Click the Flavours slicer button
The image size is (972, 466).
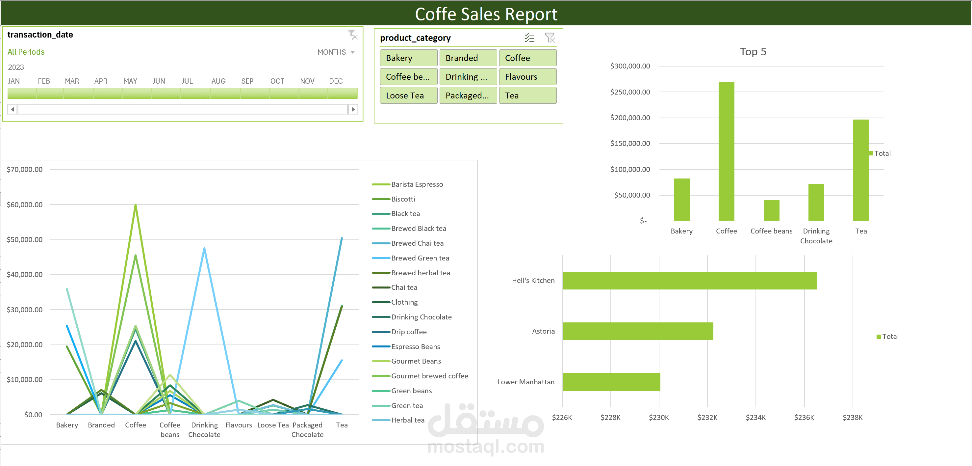527,77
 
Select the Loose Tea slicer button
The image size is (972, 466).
408,96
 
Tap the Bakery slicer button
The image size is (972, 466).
408,58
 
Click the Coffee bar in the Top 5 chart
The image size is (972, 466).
726,151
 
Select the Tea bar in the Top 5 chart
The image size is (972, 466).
861,170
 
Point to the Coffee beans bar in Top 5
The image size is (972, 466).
771,210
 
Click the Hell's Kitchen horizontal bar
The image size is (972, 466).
689,281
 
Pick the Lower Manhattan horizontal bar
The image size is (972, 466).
611,382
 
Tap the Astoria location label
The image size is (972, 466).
543,331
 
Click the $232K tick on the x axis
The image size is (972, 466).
707,417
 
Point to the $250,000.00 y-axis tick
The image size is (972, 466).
630,92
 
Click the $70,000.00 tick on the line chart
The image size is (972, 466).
25,169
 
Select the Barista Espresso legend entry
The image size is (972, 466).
417,184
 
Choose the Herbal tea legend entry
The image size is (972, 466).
407,420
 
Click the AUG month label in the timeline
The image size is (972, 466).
218,81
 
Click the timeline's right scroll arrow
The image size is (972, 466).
353,110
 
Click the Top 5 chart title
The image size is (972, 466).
753,52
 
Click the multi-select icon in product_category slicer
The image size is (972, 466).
529,38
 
